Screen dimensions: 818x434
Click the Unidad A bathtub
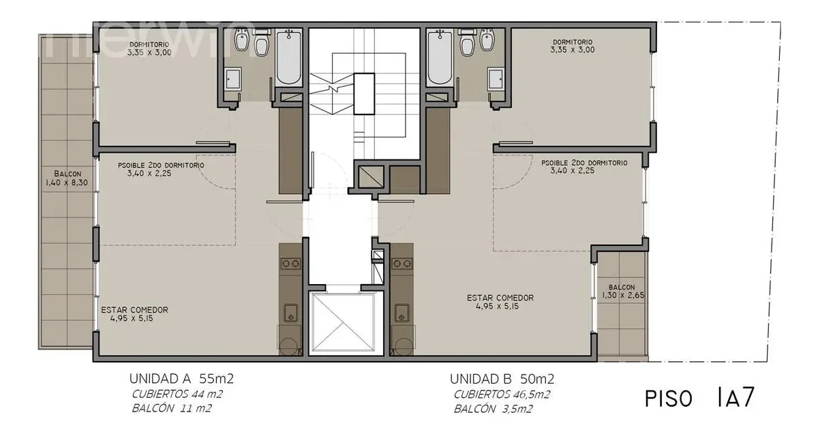(289, 58)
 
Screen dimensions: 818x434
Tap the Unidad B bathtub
(440, 58)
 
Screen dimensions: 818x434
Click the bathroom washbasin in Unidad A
(232, 78)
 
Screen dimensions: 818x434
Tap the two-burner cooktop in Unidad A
(291, 264)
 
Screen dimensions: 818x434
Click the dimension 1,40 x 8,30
(67, 183)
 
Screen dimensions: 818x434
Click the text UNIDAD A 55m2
(181, 379)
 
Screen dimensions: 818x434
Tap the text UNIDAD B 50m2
(502, 379)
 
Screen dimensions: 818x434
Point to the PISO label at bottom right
(669, 399)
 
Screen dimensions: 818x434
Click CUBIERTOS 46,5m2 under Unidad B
(502, 394)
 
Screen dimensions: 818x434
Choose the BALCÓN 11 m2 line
(172, 408)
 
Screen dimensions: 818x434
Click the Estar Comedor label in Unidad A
(134, 314)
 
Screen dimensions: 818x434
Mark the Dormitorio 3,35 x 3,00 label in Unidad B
(573, 46)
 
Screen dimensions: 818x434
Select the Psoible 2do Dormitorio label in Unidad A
(161, 169)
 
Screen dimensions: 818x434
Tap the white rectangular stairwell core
(364, 94)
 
